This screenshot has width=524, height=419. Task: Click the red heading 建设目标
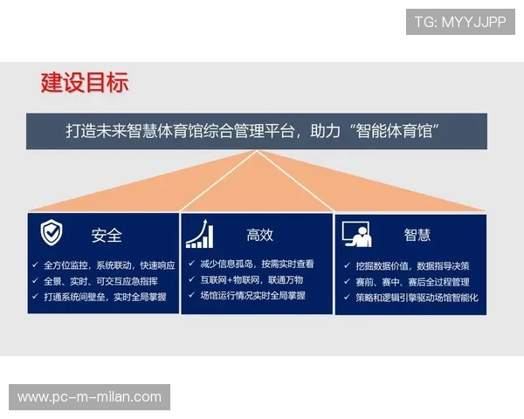pos(85,83)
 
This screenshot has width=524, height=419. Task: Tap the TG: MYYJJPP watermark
pos(460,22)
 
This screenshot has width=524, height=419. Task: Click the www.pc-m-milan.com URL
pos(90,397)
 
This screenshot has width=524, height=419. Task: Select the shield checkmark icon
pos(52,233)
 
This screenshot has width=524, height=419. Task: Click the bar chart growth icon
pos(201,233)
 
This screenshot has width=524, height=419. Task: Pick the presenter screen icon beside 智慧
pos(356,234)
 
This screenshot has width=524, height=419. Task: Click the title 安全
pos(107,236)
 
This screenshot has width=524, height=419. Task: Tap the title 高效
pos(259,235)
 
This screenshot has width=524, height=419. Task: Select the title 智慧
pos(417,235)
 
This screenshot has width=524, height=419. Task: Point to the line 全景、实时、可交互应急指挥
pos(100,281)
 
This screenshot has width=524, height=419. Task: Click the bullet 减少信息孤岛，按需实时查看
pos(257,264)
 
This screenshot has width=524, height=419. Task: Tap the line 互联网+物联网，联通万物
pos(252,280)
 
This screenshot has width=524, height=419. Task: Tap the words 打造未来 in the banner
pos(96,132)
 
